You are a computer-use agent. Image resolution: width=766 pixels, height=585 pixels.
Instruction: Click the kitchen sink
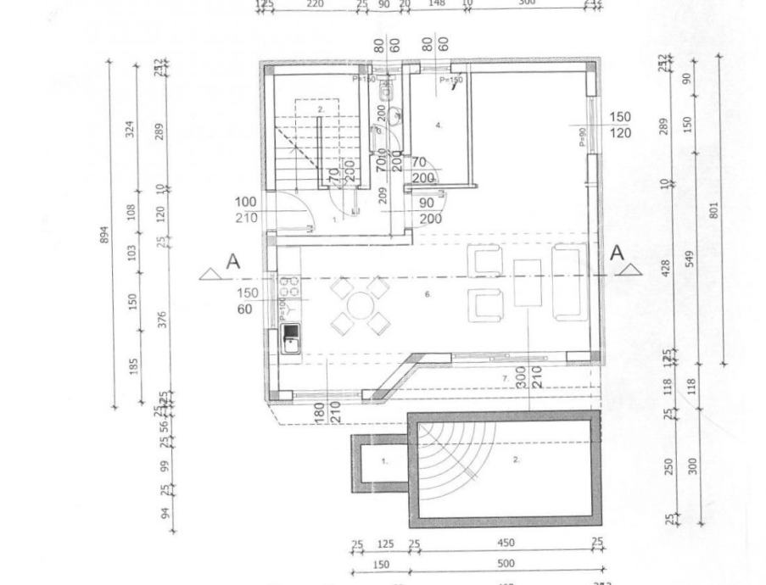pyautogui.click(x=290, y=337)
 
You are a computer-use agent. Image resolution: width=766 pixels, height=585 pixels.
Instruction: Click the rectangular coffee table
pyautogui.click(x=527, y=281)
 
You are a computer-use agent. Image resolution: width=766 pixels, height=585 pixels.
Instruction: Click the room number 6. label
pyautogui.click(x=428, y=294)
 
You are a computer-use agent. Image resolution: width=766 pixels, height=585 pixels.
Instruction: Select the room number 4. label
pyautogui.click(x=439, y=125)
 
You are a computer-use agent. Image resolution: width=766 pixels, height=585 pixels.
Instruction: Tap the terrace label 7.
pyautogui.click(x=504, y=376)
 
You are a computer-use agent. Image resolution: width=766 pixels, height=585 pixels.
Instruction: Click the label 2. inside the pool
pyautogui.click(x=516, y=459)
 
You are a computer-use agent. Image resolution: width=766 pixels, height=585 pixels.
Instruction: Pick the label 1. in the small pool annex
pyautogui.click(x=383, y=461)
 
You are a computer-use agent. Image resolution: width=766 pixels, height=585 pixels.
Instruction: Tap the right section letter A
pyautogui.click(x=618, y=253)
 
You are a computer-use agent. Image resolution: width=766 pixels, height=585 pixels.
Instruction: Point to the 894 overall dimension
pyautogui.click(x=105, y=233)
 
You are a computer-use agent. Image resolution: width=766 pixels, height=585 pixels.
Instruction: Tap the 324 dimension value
pyautogui.click(x=131, y=129)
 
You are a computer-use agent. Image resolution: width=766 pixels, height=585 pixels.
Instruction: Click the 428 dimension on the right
pyautogui.click(x=665, y=268)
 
